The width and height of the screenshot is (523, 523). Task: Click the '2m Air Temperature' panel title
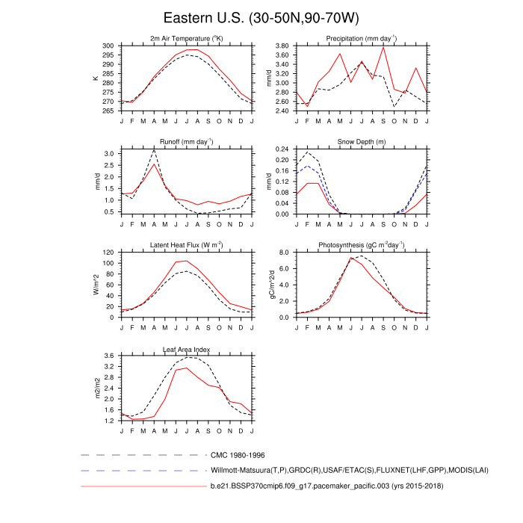pyautogui.click(x=187, y=38)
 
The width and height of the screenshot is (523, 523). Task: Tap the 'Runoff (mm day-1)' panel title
pyautogui.click(x=187, y=141)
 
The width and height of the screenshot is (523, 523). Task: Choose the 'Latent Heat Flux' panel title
pyautogui.click(x=187, y=245)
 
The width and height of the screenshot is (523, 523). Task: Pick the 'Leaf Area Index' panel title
pyautogui.click(x=187, y=349)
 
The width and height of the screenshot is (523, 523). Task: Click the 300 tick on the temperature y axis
pyautogui.click(x=109, y=46)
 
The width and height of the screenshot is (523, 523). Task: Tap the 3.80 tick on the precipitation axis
pyautogui.click(x=282, y=46)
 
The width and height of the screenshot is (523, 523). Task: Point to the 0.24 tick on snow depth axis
pyautogui.click(x=282, y=149)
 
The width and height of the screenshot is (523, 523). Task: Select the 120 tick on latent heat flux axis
pyautogui.click(x=109, y=253)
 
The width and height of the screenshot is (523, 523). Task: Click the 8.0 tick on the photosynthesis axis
pyautogui.click(x=284, y=253)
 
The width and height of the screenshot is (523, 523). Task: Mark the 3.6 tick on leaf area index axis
pyautogui.click(x=111, y=356)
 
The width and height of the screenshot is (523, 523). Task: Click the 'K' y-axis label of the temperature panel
pyautogui.click(x=96, y=78)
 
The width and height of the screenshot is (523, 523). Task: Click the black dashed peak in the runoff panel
pyautogui.click(x=154, y=150)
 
